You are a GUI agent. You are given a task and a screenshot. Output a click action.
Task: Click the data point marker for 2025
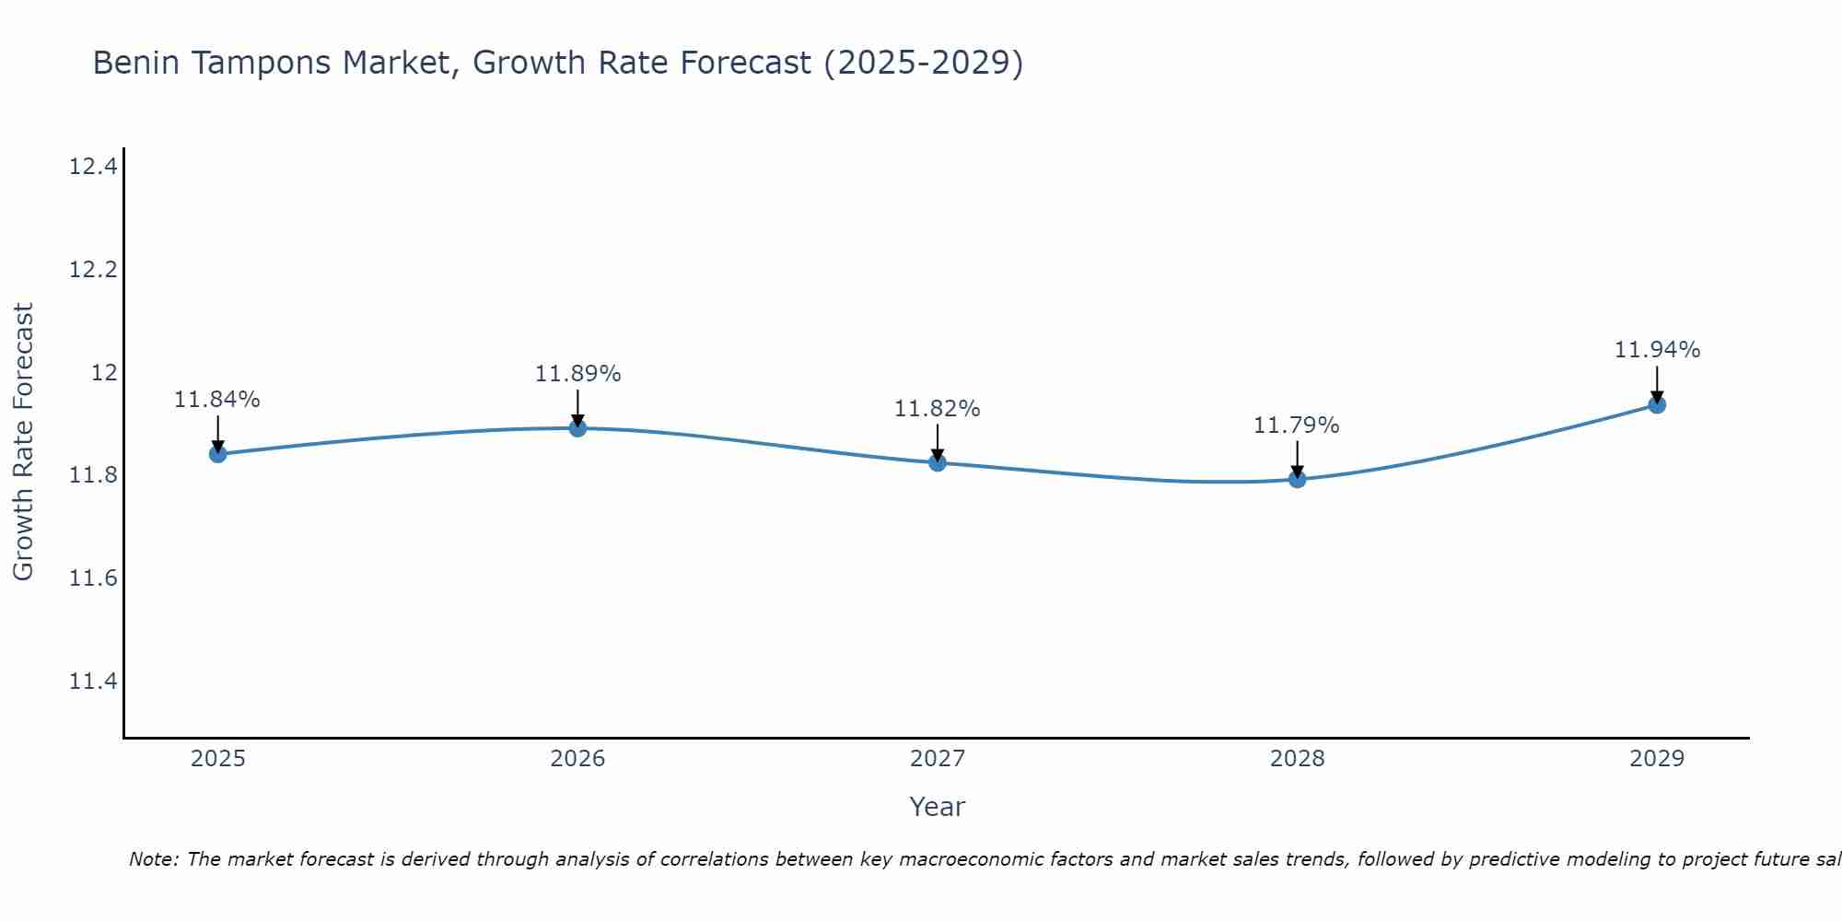click(218, 453)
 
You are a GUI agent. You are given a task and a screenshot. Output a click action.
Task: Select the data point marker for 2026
click(577, 427)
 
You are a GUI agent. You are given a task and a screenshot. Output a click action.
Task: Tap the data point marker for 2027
click(938, 462)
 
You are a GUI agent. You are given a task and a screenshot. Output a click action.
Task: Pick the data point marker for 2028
click(1297, 479)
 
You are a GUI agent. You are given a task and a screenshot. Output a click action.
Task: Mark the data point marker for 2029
click(1657, 404)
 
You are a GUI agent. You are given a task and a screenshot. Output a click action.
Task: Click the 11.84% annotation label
click(217, 400)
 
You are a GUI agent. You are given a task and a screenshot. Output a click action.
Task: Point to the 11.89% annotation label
click(577, 374)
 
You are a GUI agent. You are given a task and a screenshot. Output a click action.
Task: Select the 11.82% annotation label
click(938, 409)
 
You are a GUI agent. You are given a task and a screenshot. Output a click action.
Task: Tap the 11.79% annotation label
click(1297, 426)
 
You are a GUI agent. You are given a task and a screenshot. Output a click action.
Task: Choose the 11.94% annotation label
click(1657, 350)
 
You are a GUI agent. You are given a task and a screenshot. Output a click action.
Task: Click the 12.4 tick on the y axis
click(93, 167)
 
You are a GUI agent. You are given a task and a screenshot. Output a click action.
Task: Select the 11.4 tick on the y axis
click(93, 682)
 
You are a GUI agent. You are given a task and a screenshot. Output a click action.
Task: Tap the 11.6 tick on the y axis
click(93, 578)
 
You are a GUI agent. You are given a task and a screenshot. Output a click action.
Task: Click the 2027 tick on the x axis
click(938, 759)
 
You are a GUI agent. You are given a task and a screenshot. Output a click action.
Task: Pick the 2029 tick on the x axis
click(1657, 759)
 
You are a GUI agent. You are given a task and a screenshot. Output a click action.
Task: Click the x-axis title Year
click(938, 807)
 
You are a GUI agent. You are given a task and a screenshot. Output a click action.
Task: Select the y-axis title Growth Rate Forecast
click(23, 442)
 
